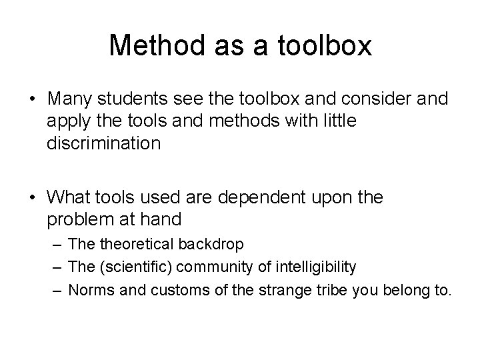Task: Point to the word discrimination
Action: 104,144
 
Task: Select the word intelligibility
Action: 311,267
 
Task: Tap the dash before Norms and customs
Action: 55,290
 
